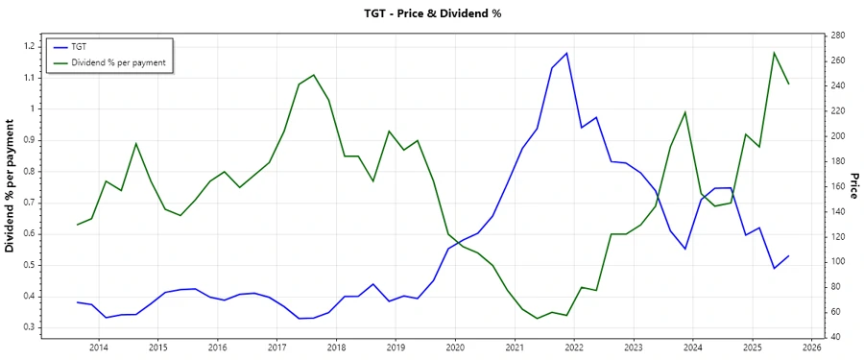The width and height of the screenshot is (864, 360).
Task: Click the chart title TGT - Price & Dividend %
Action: pyautogui.click(x=432, y=13)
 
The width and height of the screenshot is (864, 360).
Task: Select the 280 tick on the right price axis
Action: pyautogui.click(x=838, y=36)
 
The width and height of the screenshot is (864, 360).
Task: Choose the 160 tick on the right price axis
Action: pyautogui.click(x=838, y=186)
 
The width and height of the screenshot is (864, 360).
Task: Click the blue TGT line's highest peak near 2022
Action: pyautogui.click(x=567, y=53)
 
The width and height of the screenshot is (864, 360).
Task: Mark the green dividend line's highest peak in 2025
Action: pyautogui.click(x=774, y=53)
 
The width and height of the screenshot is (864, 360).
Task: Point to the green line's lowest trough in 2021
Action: pyautogui.click(x=537, y=318)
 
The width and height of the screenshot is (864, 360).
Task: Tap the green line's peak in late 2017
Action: pyautogui.click(x=314, y=75)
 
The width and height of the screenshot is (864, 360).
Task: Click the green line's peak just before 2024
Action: pyautogui.click(x=685, y=112)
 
